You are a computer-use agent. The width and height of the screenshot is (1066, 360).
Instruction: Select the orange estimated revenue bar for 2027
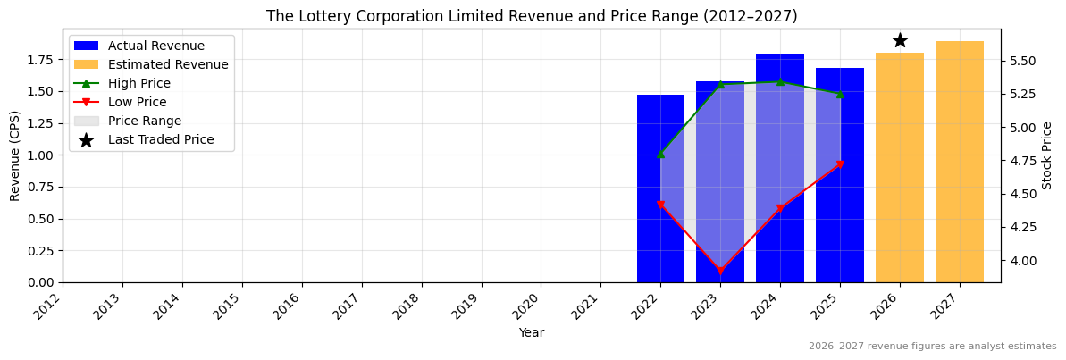tap(959, 161)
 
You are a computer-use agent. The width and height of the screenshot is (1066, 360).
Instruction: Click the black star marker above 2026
tap(900, 40)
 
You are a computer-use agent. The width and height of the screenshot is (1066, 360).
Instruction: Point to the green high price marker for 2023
tap(720, 84)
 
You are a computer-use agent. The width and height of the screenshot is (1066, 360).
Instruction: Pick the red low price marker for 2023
tap(720, 271)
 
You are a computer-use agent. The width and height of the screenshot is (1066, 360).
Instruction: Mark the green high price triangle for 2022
tap(660, 154)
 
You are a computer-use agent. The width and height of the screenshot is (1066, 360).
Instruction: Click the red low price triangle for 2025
tap(840, 164)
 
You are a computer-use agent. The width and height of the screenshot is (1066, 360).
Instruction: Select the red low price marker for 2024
tap(780, 209)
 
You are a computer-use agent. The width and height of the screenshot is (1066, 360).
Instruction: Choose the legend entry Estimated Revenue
tap(168, 64)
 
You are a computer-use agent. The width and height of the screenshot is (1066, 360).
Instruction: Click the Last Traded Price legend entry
tap(161, 139)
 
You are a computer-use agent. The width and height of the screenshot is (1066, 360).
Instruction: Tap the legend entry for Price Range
tap(144, 121)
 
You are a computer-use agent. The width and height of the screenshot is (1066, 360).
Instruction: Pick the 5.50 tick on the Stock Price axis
tap(1023, 61)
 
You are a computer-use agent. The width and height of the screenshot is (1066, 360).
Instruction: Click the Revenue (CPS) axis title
tap(15, 155)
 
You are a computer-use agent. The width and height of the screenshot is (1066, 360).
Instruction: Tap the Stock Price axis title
tap(1047, 155)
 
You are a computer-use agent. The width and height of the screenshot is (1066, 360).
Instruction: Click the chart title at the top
tap(532, 16)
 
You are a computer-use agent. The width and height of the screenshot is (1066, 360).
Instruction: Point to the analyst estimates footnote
tap(932, 347)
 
